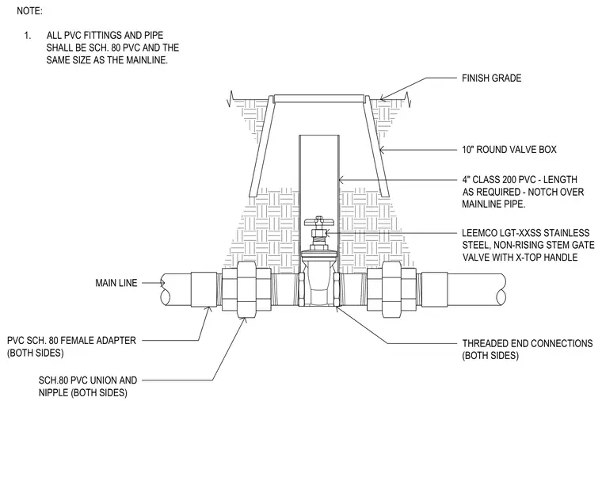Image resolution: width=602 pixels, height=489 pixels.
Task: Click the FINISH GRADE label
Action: click(491, 78)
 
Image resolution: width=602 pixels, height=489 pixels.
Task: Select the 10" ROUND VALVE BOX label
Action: click(509, 150)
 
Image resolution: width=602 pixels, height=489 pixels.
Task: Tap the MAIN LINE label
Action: click(116, 283)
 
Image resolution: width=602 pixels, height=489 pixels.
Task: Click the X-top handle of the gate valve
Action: click(319, 221)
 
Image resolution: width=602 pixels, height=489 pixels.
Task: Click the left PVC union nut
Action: click(246, 289)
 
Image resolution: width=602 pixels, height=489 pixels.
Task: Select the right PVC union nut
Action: click(391, 289)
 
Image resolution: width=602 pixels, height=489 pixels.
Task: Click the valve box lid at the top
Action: click(318, 99)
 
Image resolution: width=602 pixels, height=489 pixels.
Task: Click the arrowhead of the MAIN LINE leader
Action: click(162, 283)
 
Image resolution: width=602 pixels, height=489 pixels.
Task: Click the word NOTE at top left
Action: click(29, 11)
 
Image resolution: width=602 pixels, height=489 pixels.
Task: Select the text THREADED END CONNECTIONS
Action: click(528, 343)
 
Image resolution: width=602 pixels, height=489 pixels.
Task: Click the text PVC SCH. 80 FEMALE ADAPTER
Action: click(72, 341)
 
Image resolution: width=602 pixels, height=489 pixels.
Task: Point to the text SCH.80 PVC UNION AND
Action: click(88, 380)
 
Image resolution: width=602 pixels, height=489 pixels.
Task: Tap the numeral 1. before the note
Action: click(27, 36)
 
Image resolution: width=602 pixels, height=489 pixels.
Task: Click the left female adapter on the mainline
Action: click(204, 289)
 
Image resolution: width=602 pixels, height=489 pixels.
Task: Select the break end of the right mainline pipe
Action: click(501, 289)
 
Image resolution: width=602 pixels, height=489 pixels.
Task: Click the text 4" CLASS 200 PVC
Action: click(499, 180)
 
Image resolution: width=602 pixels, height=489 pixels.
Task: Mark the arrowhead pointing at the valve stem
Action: click(327, 233)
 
